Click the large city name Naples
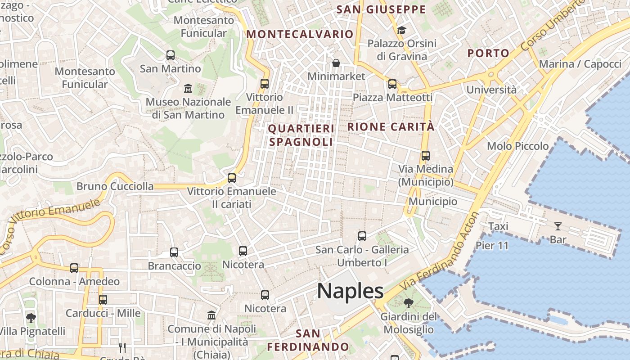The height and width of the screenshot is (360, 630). [x=351, y=291]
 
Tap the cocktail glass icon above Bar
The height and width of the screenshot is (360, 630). [x=558, y=226]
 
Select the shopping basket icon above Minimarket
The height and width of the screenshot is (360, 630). [x=336, y=63]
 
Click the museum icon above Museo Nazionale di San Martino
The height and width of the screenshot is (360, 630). [x=188, y=88]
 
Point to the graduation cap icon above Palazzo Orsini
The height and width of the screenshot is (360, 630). [x=401, y=30]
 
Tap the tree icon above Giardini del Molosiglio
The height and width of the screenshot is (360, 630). [x=408, y=303]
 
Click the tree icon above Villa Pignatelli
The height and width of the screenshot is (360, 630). [x=31, y=318]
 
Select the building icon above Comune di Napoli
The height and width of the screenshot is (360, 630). [x=211, y=315]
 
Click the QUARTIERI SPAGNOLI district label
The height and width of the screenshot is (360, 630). [x=301, y=135]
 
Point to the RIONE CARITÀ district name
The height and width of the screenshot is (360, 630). [x=391, y=127]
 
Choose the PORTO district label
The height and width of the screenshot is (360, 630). [x=488, y=53]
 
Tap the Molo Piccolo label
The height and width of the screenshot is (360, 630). [x=518, y=146]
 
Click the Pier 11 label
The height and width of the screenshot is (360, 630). [x=492, y=246]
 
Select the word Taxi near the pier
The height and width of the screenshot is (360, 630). [x=498, y=226]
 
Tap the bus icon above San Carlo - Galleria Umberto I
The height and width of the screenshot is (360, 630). [x=362, y=236]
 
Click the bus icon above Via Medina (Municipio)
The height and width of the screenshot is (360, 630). [x=426, y=156]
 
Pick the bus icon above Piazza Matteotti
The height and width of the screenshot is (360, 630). [x=392, y=84]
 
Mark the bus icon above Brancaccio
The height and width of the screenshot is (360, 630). [x=174, y=252]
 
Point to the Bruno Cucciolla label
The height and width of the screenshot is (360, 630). [x=115, y=186]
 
